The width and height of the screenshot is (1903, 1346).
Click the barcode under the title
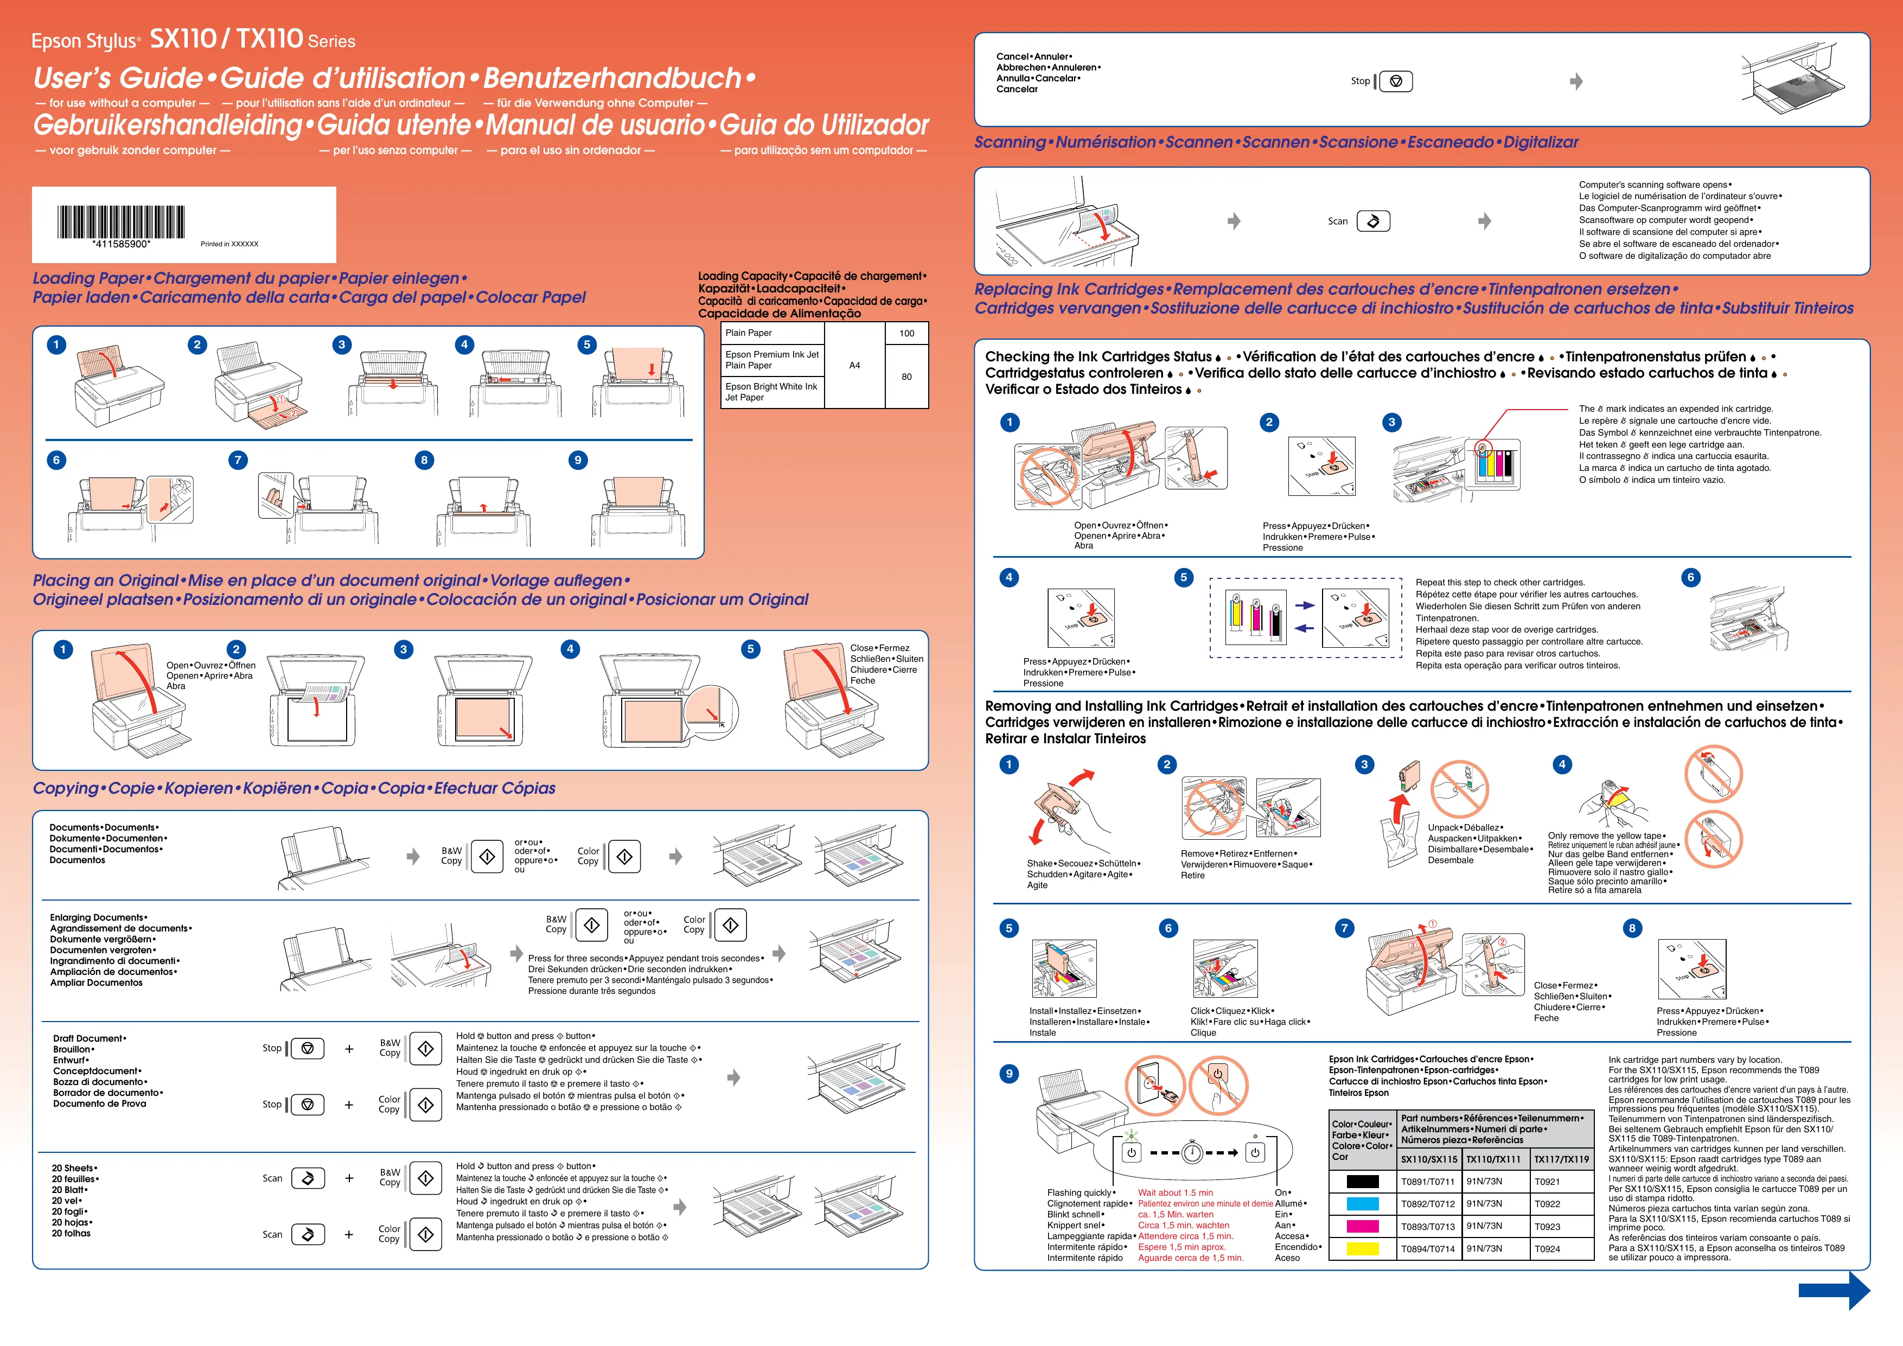(121, 221)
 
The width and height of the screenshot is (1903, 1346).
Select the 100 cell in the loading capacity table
(906, 333)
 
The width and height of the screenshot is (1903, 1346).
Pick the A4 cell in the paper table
(854, 366)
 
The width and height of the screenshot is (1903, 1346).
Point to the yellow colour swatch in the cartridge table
(1363, 1249)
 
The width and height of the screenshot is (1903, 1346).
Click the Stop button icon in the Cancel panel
(1396, 81)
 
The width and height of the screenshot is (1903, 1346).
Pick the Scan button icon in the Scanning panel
(1374, 221)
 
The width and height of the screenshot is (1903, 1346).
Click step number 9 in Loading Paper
(578, 460)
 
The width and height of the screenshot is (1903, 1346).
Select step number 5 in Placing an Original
(750, 649)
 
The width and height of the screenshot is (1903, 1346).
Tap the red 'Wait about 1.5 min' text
(1176, 1192)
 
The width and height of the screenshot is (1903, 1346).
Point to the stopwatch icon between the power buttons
(1193, 1152)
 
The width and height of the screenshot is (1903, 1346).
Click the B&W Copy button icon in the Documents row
(487, 856)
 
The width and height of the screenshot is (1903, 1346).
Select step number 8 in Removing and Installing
(1632, 928)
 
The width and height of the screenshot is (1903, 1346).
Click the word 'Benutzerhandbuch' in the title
(612, 78)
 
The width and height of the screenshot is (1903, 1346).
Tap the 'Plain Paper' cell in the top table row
(749, 333)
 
